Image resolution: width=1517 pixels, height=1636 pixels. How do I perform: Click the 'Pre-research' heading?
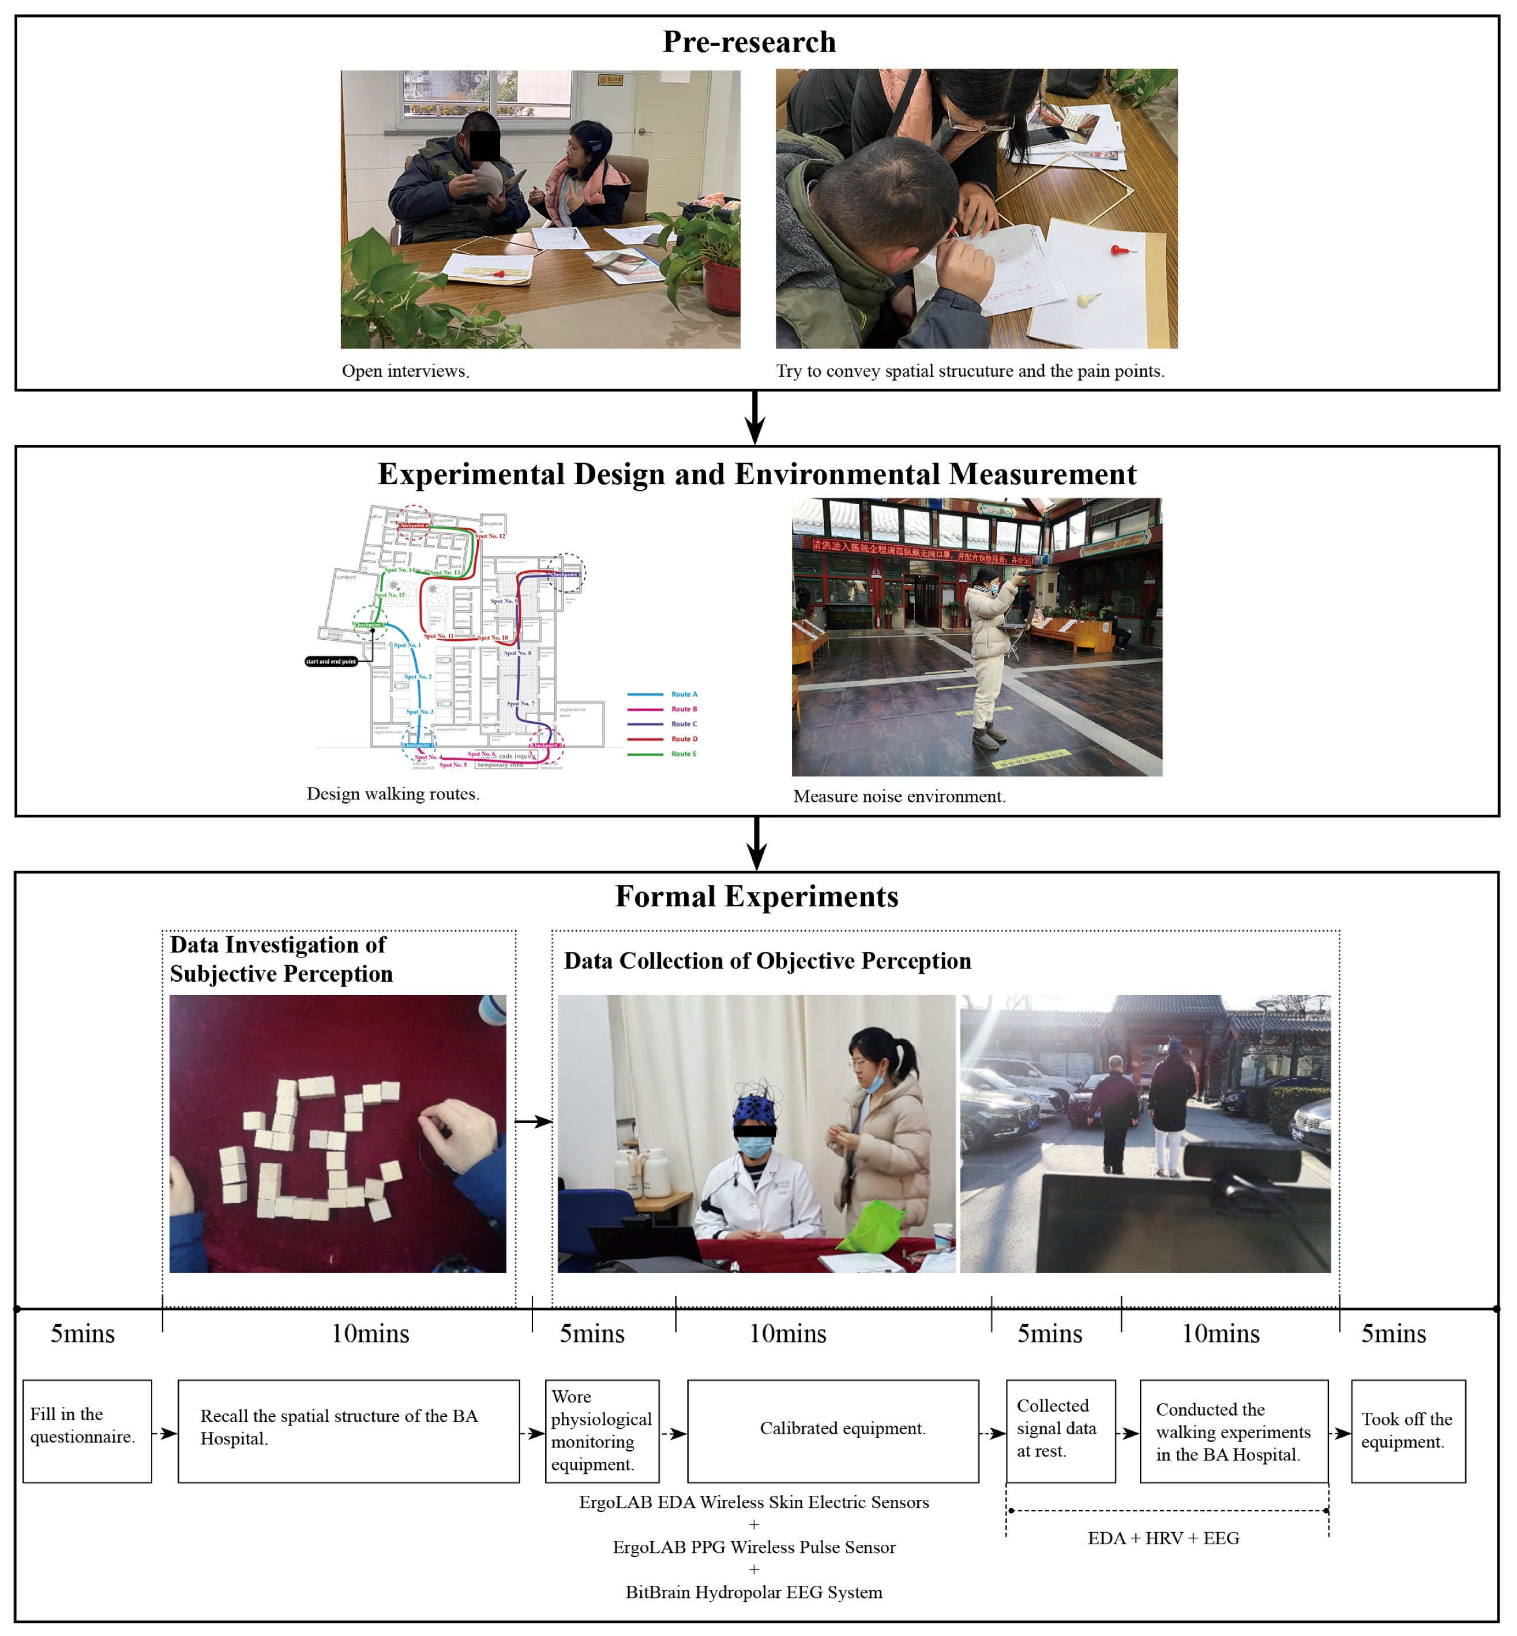click(749, 42)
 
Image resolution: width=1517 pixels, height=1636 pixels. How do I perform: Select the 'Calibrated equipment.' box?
click(832, 1431)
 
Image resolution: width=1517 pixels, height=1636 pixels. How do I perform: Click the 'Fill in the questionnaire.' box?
click(87, 1431)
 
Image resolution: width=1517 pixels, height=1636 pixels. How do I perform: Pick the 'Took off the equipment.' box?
click(1407, 1431)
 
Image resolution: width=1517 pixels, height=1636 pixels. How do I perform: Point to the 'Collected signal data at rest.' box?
click(1060, 1431)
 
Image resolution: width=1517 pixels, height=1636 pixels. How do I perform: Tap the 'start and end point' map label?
click(331, 661)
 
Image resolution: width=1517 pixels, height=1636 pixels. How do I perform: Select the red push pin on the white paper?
click(1118, 248)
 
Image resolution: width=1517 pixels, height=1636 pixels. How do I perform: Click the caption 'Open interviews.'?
click(405, 371)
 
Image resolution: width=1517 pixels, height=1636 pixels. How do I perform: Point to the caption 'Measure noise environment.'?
click(899, 796)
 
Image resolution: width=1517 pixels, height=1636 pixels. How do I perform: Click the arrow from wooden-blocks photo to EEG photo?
click(534, 1120)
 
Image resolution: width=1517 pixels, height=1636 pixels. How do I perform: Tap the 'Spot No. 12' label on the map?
click(490, 536)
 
